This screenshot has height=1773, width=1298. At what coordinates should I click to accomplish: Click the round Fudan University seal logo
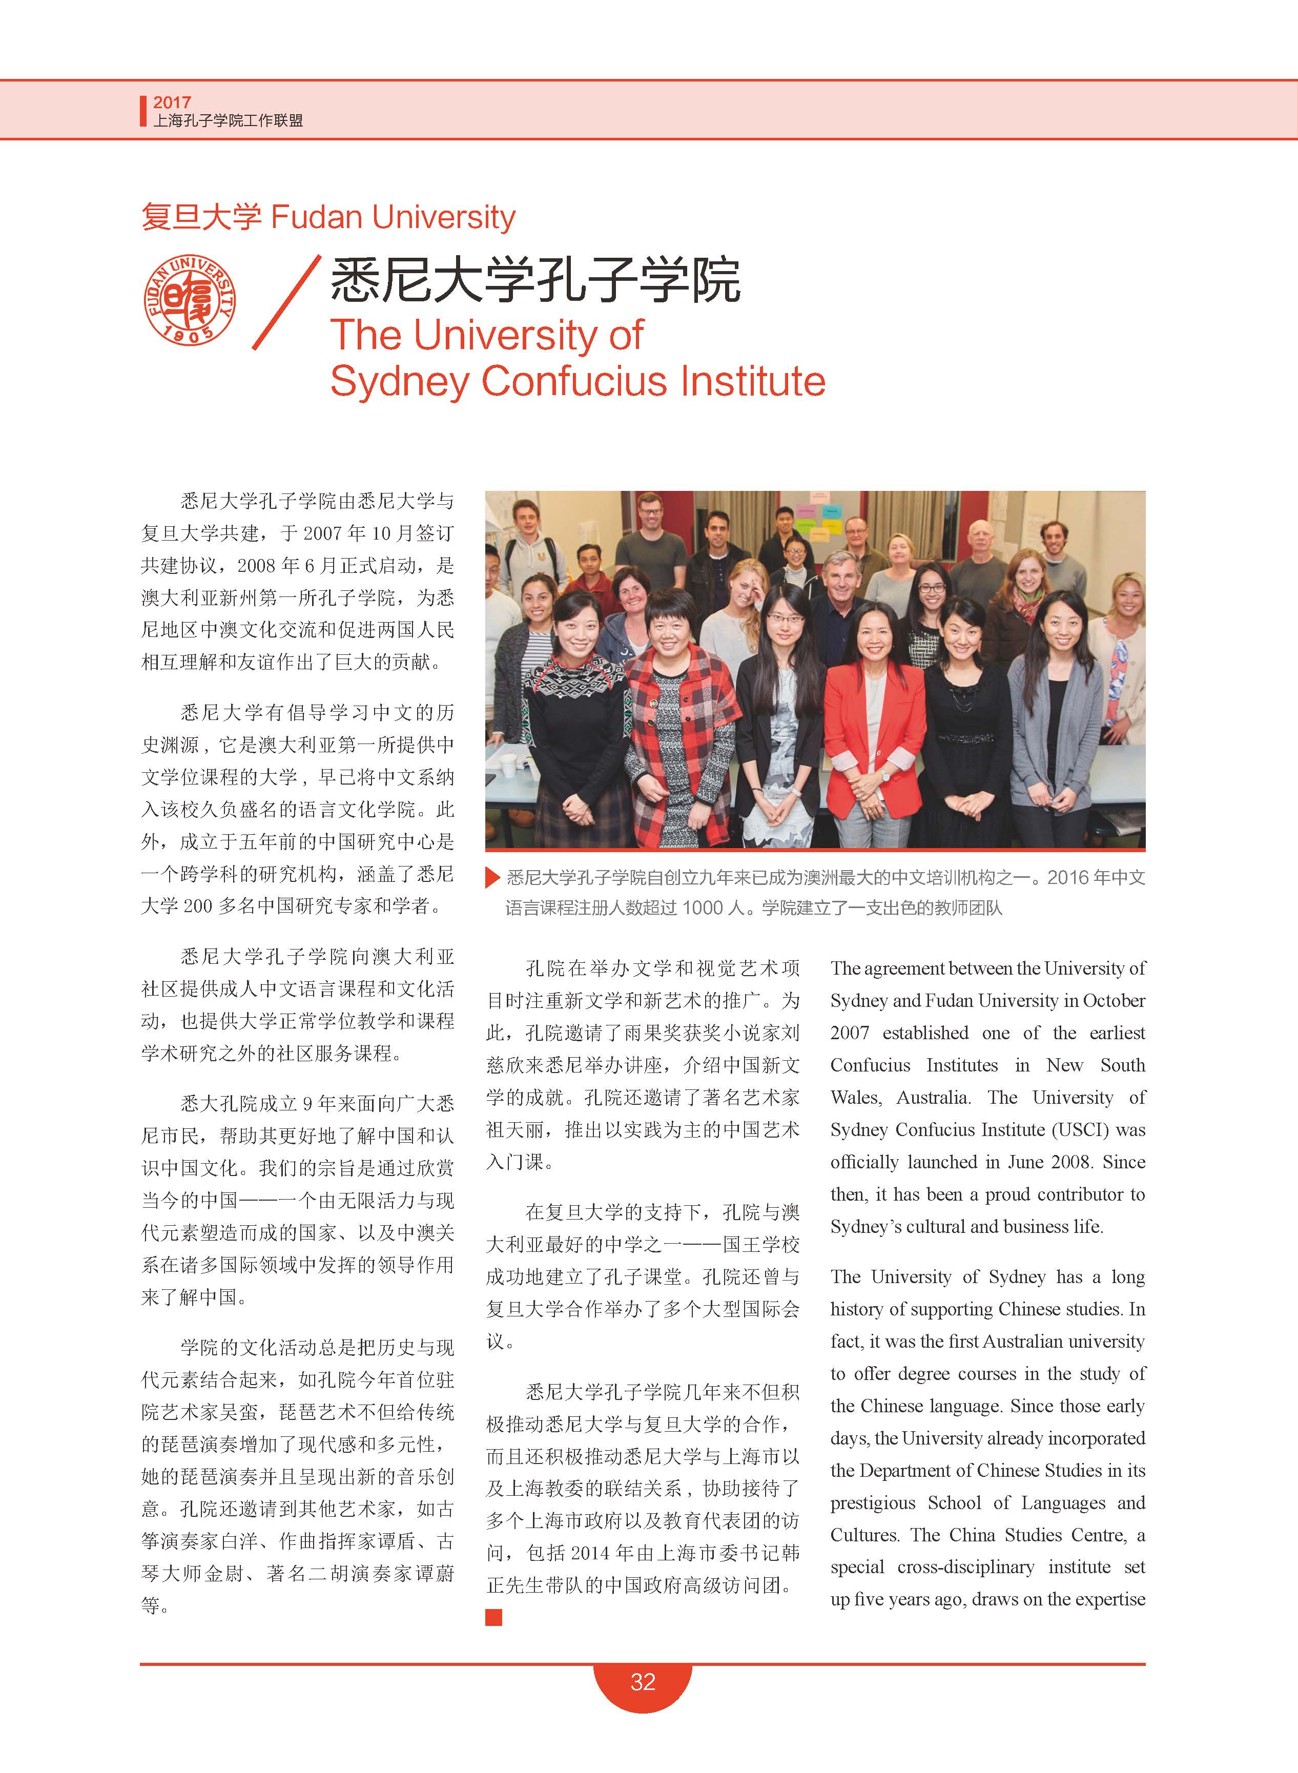click(x=190, y=299)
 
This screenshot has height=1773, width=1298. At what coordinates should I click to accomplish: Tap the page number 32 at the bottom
click(x=642, y=1681)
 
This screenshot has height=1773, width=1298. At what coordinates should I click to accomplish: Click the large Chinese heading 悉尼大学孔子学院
click(x=535, y=280)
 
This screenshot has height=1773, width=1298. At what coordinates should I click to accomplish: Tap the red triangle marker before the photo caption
click(x=492, y=877)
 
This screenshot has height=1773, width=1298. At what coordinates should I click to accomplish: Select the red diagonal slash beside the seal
click(x=286, y=302)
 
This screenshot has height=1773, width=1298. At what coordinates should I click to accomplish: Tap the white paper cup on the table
click(x=508, y=766)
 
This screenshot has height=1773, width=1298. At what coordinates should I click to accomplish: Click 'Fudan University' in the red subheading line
click(x=393, y=217)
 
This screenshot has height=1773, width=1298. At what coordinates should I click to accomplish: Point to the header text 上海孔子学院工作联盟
click(x=228, y=121)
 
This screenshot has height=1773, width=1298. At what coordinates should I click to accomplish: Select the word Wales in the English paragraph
click(x=855, y=1098)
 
